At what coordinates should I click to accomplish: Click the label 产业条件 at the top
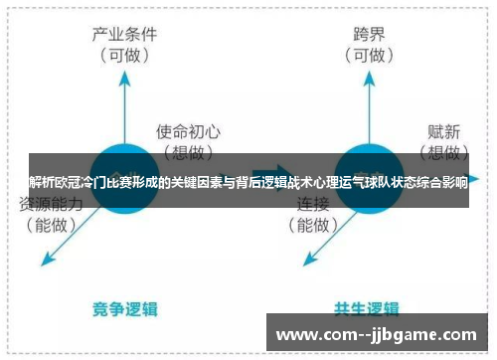pos(125,33)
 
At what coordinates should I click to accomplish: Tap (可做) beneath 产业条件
pos(125,56)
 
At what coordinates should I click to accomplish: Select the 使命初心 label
pos(188,131)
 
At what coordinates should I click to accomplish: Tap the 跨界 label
pos(368,33)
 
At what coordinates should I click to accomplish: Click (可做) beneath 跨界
pos(368,56)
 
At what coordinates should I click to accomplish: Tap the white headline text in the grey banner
pos(248,182)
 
